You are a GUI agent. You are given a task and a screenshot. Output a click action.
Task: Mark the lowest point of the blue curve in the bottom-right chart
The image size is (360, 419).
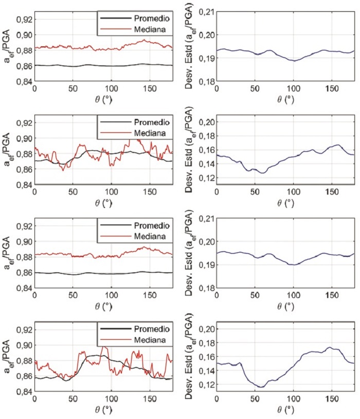point(261,387)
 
